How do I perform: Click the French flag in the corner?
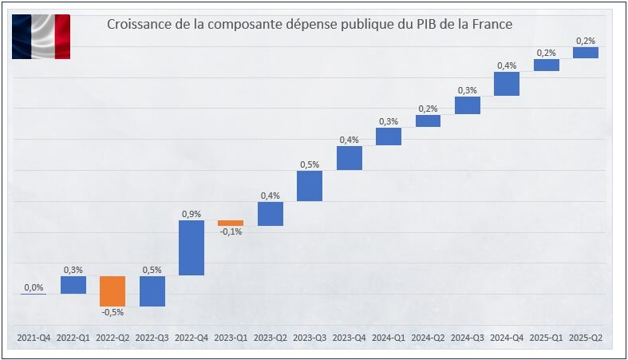[41, 36]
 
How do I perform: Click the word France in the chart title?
[490, 25]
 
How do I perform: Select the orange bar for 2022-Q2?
[113, 291]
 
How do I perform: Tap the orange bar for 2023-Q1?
[231, 223]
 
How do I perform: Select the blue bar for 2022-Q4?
[192, 247]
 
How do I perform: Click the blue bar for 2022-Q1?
[73, 285]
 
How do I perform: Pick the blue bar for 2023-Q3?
[310, 185]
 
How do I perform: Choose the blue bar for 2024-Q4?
[507, 84]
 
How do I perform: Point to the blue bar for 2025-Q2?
[586, 53]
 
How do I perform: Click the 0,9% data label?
[192, 214]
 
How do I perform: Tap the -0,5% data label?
[113, 313]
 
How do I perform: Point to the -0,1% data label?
[231, 232]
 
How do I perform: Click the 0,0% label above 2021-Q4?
[34, 287]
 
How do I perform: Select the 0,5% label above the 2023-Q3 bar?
[310, 164]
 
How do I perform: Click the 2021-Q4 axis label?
[34, 338]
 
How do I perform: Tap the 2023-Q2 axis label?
[271, 338]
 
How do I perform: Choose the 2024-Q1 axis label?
[389, 338]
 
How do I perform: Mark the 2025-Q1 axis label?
[547, 338]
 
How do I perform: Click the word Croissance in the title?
[138, 25]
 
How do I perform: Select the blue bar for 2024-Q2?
[428, 121]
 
